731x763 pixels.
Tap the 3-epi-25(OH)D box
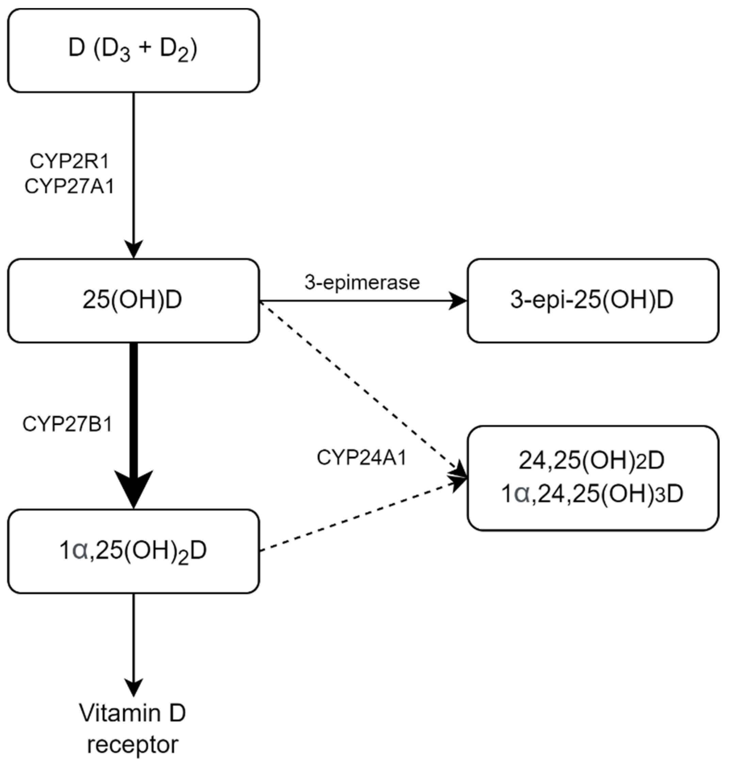pyautogui.click(x=592, y=300)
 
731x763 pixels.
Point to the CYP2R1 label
pyautogui.click(x=69, y=162)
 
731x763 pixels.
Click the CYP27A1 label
pyautogui.click(x=69, y=186)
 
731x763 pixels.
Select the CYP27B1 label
pyautogui.click(x=67, y=424)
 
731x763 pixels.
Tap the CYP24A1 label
pyautogui.click(x=361, y=458)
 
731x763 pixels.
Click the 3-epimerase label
pyautogui.click(x=362, y=283)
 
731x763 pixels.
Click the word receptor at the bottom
pyautogui.click(x=132, y=745)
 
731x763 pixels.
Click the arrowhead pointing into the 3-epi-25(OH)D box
pyautogui.click(x=458, y=300)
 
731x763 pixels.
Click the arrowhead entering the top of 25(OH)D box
pyautogui.click(x=134, y=249)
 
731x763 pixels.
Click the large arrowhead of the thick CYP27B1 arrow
pyautogui.click(x=134, y=488)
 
